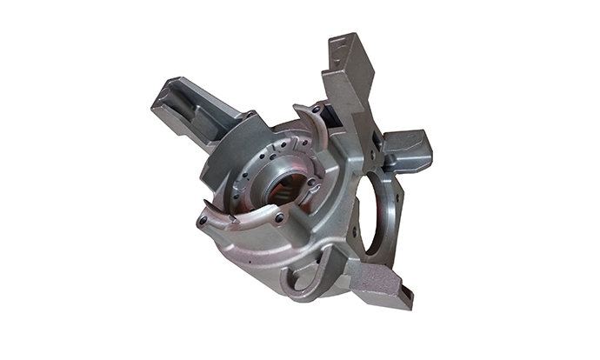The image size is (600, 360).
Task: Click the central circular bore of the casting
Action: click(284, 186)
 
